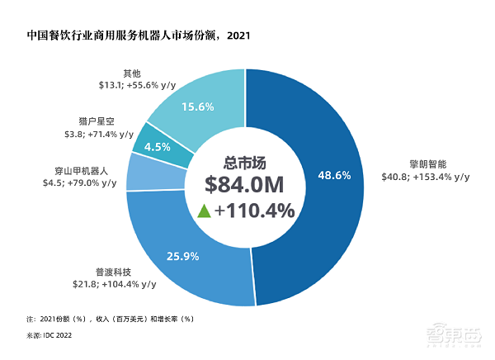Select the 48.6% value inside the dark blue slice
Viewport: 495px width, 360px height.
[x=334, y=175]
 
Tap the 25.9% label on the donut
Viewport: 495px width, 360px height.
[x=182, y=257]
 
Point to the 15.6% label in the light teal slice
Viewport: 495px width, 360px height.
[x=198, y=107]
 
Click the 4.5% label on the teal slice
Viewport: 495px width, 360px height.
[x=158, y=147]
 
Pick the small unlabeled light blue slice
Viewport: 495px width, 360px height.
[x=143, y=172]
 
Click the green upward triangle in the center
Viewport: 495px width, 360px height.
[x=204, y=211]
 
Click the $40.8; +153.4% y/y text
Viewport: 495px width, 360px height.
[x=426, y=176]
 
